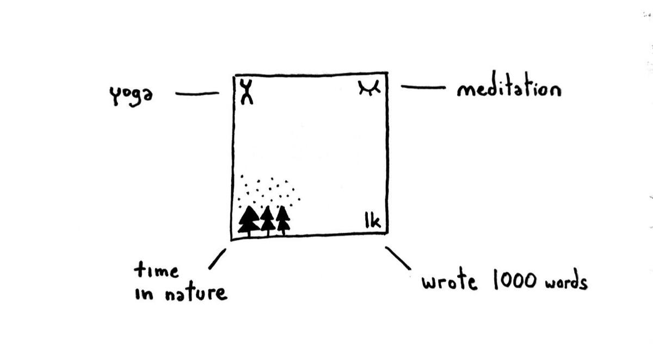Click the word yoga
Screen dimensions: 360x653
point(130,96)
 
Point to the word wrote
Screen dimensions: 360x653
point(449,282)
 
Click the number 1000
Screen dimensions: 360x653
point(514,281)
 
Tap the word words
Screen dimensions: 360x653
point(566,283)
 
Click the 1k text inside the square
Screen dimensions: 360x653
point(372,221)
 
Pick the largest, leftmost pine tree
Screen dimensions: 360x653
point(249,220)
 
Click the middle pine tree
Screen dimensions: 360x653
point(267,219)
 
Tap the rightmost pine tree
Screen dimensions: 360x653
point(283,219)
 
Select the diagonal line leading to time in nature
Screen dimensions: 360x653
point(217,259)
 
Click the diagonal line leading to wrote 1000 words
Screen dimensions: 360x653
point(398,258)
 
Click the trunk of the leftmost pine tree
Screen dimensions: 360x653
point(249,233)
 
